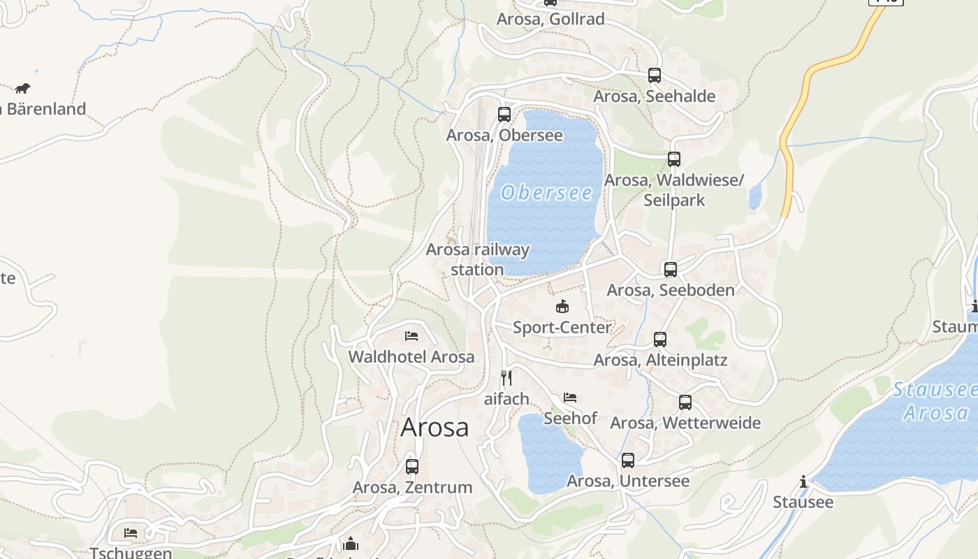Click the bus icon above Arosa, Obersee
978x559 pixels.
[x=504, y=114]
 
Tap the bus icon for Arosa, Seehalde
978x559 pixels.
[x=655, y=75]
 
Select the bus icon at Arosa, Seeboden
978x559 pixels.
[x=671, y=269]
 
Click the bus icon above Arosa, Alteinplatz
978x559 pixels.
[x=660, y=340]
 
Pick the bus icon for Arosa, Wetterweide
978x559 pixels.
[x=685, y=402]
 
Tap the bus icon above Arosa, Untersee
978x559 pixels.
[x=628, y=460]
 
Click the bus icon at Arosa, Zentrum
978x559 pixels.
[x=412, y=466]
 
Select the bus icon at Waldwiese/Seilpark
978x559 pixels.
[x=674, y=159]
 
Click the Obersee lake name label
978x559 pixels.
[x=546, y=193]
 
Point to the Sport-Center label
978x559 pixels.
[x=562, y=327]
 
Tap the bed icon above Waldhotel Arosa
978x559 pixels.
[x=411, y=336]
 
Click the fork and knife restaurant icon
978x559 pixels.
[x=506, y=378]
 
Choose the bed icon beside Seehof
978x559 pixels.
[x=570, y=398]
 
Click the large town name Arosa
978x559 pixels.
[x=435, y=428]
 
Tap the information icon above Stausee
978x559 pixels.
[x=803, y=481]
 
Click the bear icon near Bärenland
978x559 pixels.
[x=22, y=88]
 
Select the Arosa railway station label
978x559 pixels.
[x=478, y=259]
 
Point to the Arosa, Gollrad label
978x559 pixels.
[x=550, y=19]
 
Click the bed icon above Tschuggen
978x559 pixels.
[x=131, y=533]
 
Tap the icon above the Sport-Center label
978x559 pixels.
[x=562, y=306]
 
